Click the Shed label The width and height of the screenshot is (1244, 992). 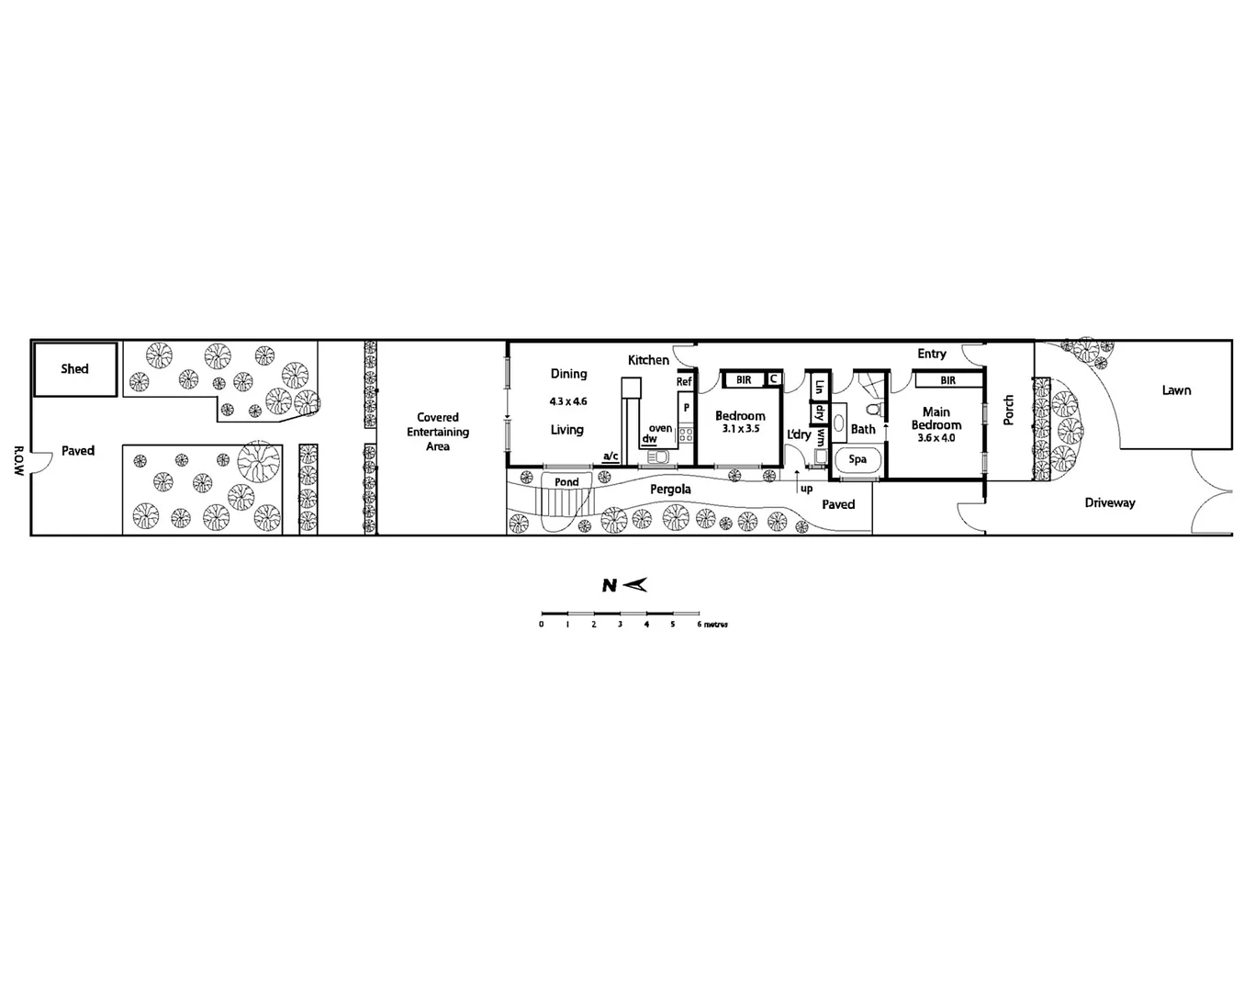coord(74,369)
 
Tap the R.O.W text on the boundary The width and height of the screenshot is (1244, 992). coord(18,460)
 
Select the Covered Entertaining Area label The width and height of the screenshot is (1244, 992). coord(438,432)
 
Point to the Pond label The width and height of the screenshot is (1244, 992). coord(566,482)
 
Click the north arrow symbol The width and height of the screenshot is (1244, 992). coord(625,585)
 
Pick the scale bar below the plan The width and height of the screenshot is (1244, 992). coord(620,613)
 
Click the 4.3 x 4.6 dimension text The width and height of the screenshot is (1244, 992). coord(568,401)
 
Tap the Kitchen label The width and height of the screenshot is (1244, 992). coord(648,360)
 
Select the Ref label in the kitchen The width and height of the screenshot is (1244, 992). coord(684,382)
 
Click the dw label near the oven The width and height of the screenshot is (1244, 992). coord(649,440)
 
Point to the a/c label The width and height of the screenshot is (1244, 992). coord(610,456)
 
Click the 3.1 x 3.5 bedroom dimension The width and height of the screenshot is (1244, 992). coord(740,429)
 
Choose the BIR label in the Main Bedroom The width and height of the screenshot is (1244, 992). coord(947,380)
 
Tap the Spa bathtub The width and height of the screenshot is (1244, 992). coord(857,460)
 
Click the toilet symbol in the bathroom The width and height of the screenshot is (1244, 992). coord(873,409)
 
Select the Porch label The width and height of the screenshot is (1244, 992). coord(1008,410)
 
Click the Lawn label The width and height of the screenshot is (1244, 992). coord(1176,390)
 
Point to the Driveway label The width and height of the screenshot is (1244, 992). coord(1110,503)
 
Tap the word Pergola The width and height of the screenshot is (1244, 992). coord(670,490)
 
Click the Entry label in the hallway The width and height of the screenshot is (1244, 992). coord(931,354)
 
